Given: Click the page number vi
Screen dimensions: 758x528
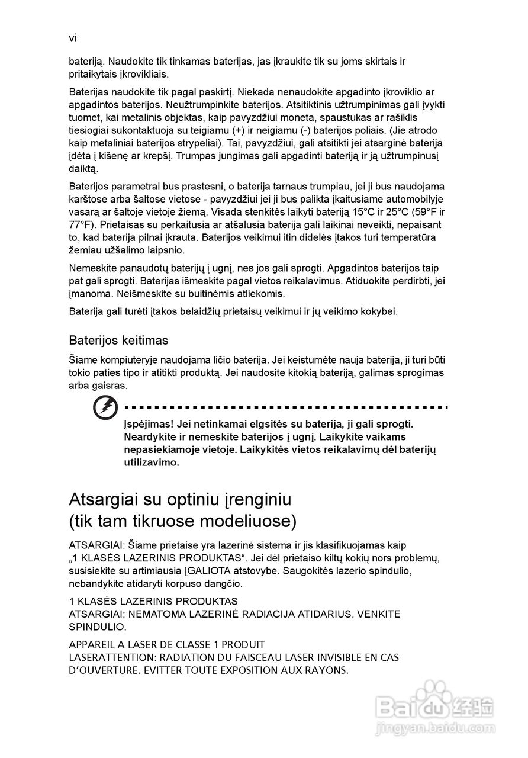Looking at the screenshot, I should pyautogui.click(x=73, y=38).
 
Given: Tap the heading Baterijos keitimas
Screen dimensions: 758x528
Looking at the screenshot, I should pyautogui.click(x=118, y=341).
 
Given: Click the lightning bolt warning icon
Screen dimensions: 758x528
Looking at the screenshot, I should pyautogui.click(x=105, y=408).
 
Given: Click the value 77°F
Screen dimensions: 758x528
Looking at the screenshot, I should pyautogui.click(x=81, y=225).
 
